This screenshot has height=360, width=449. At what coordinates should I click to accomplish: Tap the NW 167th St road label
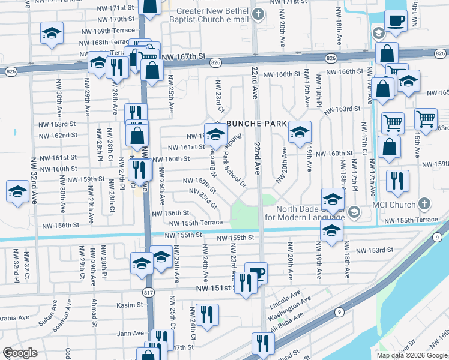[x=184, y=56]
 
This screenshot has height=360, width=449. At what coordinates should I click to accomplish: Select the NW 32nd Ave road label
[x=34, y=180]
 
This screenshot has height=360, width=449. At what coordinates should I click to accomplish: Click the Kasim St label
[x=131, y=305]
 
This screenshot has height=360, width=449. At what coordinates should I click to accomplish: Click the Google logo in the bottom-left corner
[x=20, y=353]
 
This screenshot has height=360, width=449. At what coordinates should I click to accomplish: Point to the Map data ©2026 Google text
[x=411, y=355]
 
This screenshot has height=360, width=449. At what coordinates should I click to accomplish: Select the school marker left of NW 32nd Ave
[x=17, y=193]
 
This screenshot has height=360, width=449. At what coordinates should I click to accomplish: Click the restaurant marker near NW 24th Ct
[x=207, y=314]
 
